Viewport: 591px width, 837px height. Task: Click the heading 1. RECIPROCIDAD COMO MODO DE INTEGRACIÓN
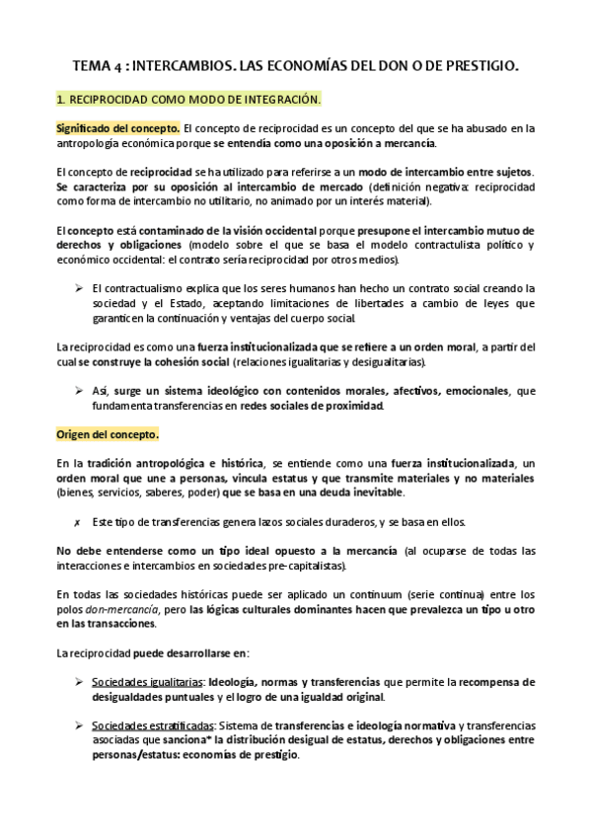188,100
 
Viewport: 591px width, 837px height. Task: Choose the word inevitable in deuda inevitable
370,492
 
